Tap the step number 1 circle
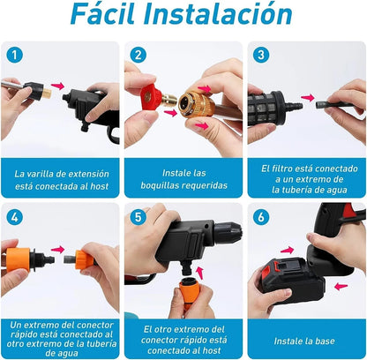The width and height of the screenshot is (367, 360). [x=12, y=54]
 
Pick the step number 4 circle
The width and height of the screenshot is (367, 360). [x=12, y=217]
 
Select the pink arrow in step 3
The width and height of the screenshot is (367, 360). [x=307, y=98]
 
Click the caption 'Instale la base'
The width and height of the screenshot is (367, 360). [x=306, y=339]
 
